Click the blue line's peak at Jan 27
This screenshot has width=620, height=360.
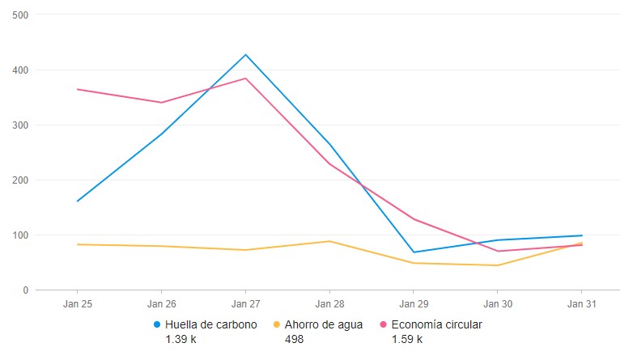click(245, 54)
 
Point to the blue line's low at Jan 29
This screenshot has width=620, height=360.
click(413, 252)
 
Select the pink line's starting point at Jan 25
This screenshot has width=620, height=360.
click(77, 89)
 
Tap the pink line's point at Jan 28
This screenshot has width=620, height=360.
click(329, 164)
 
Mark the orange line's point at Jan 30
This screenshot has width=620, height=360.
click(497, 265)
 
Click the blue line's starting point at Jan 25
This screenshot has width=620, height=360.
click(77, 201)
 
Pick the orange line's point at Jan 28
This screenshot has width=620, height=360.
click(329, 241)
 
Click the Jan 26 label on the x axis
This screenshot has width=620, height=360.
click(161, 303)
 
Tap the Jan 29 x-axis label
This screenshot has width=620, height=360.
click(413, 303)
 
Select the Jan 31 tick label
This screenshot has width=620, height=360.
click(580, 303)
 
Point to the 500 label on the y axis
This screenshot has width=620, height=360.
click(21, 15)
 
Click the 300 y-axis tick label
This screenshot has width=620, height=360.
click(21, 125)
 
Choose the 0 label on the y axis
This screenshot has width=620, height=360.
click(26, 290)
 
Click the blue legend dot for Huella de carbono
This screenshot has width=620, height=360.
click(158, 325)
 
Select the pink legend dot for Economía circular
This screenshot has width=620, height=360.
click(383, 325)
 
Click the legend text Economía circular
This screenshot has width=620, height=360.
click(436, 325)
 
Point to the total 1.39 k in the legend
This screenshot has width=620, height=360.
click(180, 339)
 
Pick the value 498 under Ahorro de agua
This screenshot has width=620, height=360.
click(294, 339)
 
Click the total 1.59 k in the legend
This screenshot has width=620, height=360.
click(406, 339)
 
